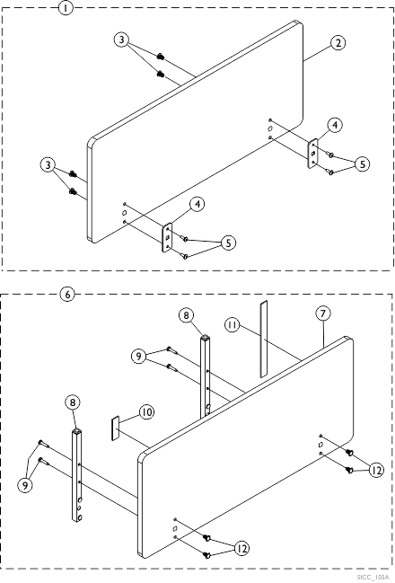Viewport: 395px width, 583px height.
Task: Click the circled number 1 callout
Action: (66, 7)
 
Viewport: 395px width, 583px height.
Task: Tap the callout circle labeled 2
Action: (338, 43)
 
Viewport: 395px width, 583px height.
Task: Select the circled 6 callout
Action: (67, 295)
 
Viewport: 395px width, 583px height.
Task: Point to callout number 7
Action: (323, 314)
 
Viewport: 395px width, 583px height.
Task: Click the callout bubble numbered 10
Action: (147, 412)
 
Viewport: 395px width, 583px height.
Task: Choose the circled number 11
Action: (233, 325)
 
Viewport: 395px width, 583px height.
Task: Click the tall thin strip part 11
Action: (263, 339)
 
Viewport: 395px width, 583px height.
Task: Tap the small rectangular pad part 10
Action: (115, 428)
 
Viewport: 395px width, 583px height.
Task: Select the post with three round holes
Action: (76, 475)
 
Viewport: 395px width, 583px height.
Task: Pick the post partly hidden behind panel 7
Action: (205, 376)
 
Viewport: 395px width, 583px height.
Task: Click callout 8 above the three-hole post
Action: (73, 402)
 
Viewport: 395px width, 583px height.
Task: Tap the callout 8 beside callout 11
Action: (186, 315)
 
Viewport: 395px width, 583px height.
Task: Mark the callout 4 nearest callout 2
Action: (335, 125)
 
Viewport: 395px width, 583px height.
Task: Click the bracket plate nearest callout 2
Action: (313, 154)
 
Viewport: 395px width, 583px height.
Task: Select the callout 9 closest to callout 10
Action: (138, 357)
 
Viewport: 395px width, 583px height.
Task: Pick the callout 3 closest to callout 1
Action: (122, 40)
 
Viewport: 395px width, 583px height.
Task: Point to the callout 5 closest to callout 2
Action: (362, 164)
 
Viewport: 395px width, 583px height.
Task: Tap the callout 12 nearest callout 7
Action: (376, 471)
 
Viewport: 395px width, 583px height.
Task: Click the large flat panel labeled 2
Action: (195, 132)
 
